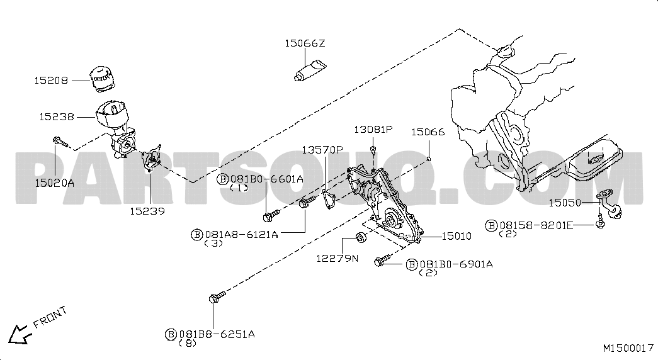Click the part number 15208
pos(51,80)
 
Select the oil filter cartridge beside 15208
pos(103,78)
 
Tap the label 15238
pos(56,116)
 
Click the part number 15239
pos(147,211)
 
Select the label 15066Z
pos(305,43)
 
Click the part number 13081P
pos(373,129)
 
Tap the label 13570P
pos(322,150)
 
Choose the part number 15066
pos(428,132)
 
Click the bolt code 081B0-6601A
pos(266,179)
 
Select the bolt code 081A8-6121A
pos(241,235)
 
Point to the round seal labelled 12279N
pos(361,237)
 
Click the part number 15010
pos(457,236)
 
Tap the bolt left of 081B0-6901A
pos(382,260)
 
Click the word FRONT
pos(50,317)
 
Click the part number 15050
pos(565,203)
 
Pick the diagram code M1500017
pos(628,348)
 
